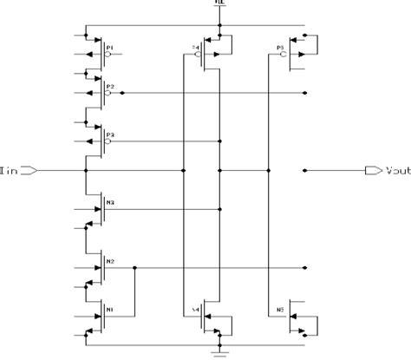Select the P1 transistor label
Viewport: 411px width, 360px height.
[x=110, y=46]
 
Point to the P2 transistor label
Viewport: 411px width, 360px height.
[x=110, y=87]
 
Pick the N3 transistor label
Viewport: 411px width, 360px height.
[x=110, y=202]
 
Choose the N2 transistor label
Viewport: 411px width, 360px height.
[x=110, y=260]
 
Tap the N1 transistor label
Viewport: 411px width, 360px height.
[x=110, y=306]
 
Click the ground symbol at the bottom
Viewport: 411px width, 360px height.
[x=219, y=352]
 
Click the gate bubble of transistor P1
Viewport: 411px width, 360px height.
[x=107, y=53]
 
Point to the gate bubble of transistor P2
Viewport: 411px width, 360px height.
[x=107, y=93]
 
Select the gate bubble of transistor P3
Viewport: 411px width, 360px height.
[x=107, y=141]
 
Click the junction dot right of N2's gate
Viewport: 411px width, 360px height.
[x=136, y=268]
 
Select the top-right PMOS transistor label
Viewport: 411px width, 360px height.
[x=280, y=47]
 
